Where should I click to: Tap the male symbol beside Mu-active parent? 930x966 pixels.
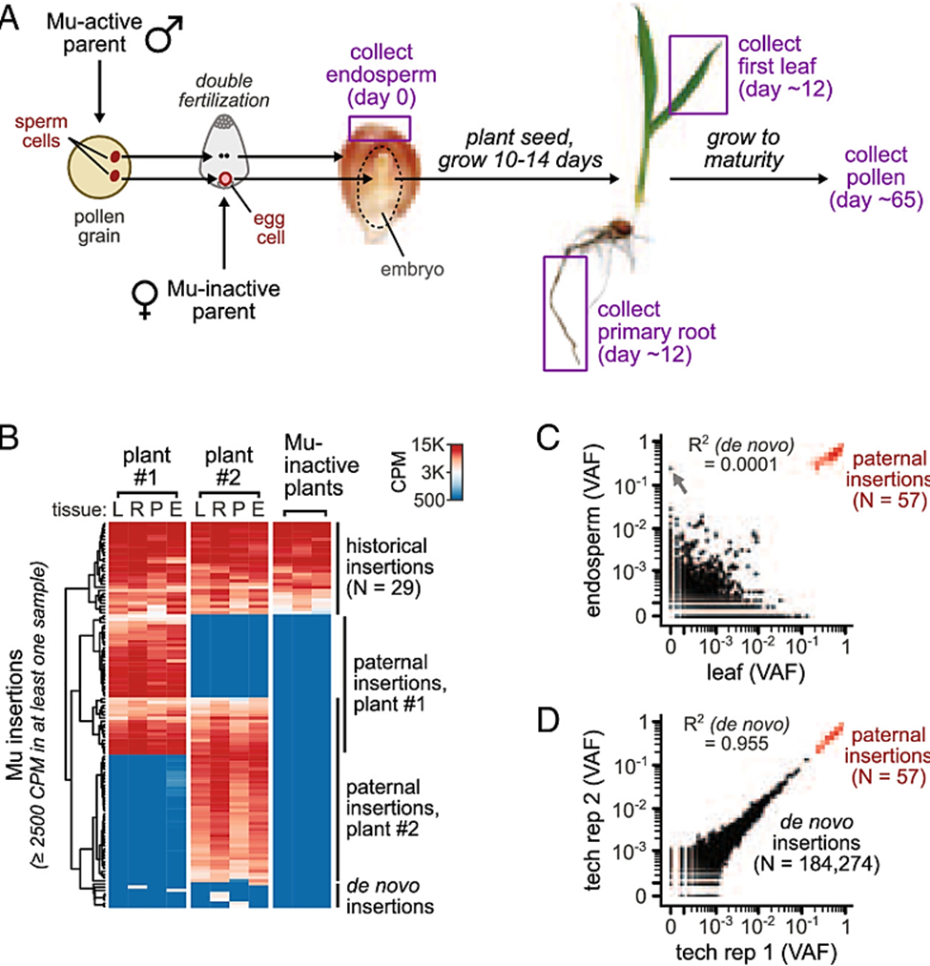164,36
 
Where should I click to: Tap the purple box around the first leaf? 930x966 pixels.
697,74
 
